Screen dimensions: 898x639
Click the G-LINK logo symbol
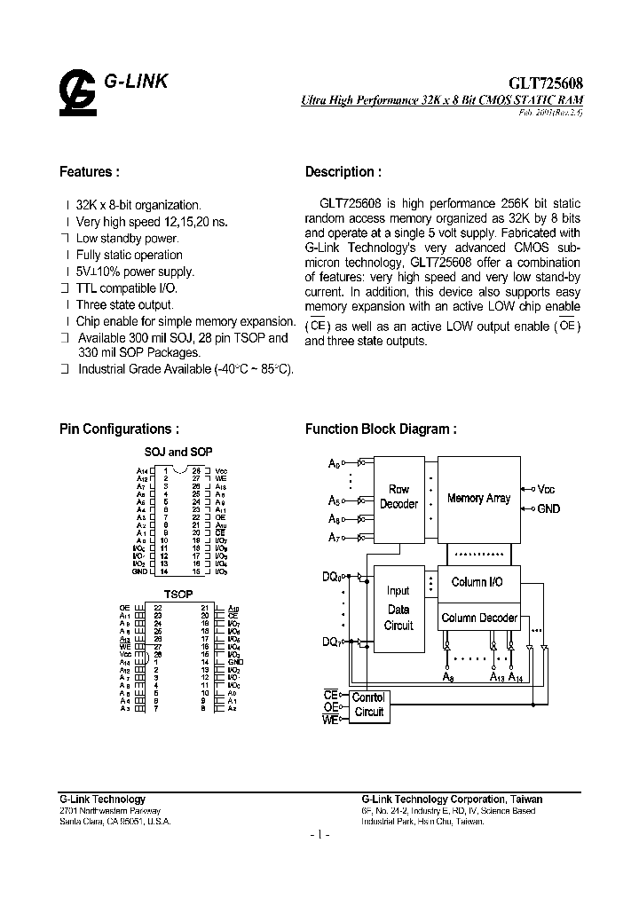(x=77, y=91)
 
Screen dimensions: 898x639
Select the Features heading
(x=89, y=172)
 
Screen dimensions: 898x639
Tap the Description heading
(x=343, y=172)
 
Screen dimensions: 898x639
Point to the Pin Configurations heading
(x=125, y=429)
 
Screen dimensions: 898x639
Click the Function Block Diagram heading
(x=381, y=429)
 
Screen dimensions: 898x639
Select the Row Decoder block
(x=398, y=497)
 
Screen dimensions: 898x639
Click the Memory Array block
(x=478, y=498)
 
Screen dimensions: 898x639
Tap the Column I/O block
(x=477, y=583)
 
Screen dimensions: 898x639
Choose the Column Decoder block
(x=479, y=618)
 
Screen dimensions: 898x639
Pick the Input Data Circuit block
(x=398, y=609)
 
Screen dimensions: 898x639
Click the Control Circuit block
(x=368, y=705)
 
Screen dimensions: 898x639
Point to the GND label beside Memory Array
(x=548, y=508)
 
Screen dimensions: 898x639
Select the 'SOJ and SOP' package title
(x=177, y=452)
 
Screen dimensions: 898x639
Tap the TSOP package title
(x=178, y=593)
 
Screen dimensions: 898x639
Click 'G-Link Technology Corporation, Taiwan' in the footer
(x=452, y=800)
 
